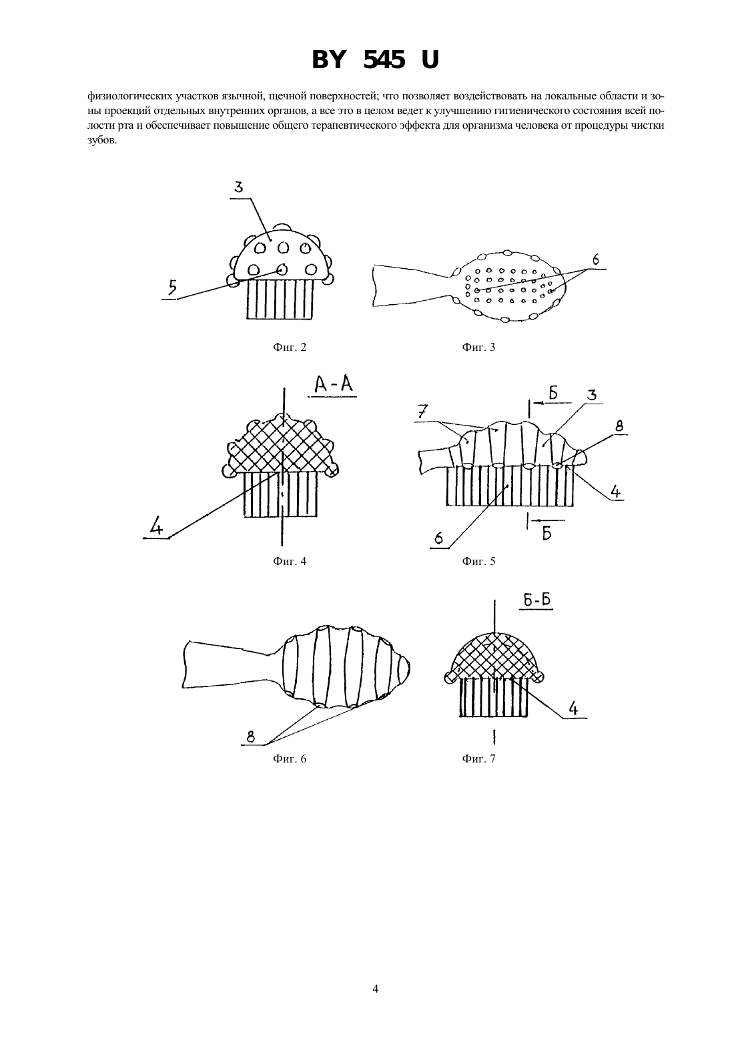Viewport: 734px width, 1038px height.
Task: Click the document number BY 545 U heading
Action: coord(375,60)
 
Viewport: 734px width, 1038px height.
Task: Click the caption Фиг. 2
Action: coord(290,347)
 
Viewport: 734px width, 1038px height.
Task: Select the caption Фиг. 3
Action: coord(478,347)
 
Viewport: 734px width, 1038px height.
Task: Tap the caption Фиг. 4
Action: coord(290,561)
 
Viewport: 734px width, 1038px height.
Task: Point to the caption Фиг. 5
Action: coord(478,561)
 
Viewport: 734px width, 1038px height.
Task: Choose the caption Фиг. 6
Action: coord(290,758)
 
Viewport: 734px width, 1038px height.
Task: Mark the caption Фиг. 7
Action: coord(478,758)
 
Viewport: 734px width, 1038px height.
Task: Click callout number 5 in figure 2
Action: coord(172,288)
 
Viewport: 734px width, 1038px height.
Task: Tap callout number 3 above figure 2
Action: coord(239,187)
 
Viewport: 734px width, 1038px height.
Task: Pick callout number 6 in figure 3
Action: coord(596,260)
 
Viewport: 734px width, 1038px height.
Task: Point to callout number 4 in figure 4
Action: coord(157,527)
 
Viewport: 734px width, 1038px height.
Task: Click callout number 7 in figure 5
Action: coord(423,412)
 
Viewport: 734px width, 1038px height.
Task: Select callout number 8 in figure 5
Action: coord(619,426)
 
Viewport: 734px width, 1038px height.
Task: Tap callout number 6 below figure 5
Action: coord(439,538)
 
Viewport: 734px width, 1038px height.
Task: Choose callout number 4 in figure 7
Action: coord(573,708)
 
